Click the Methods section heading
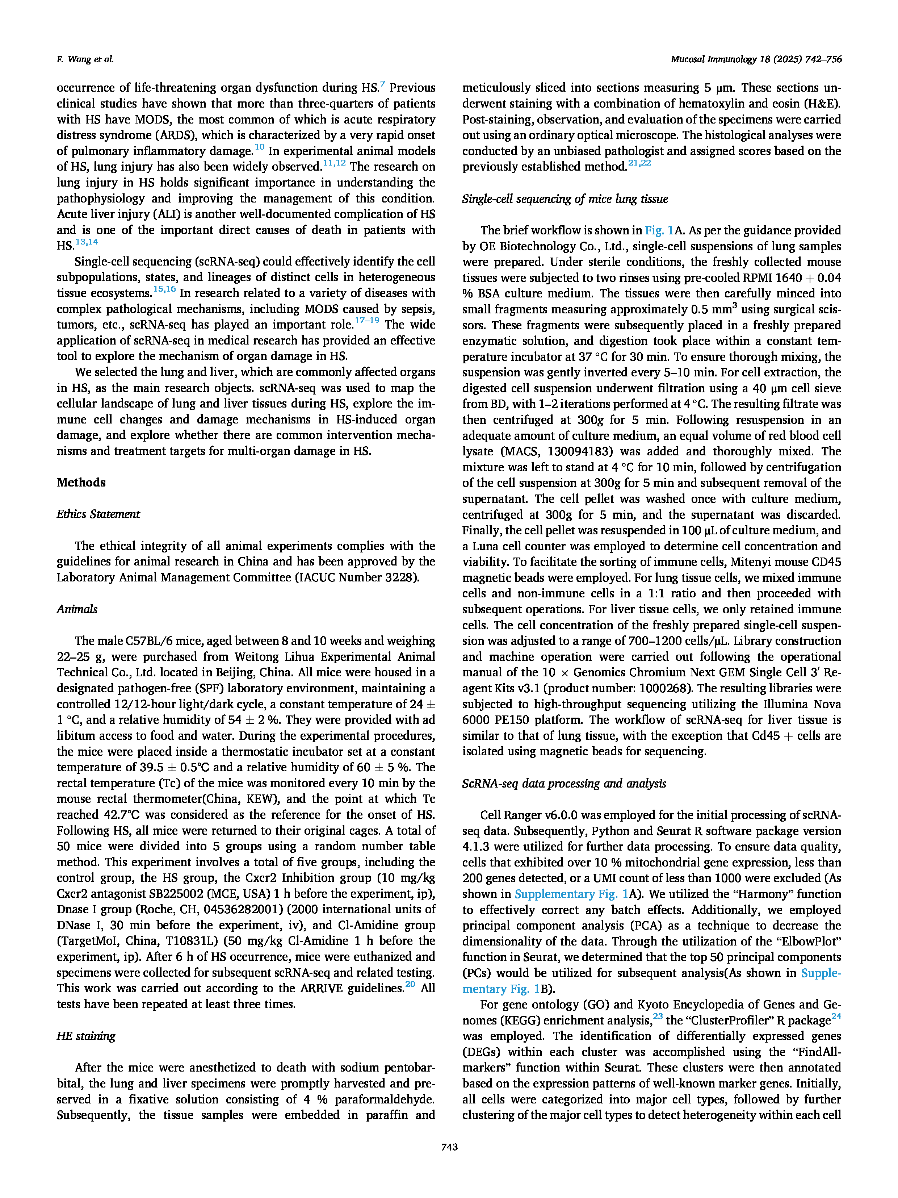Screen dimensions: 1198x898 pyautogui.click(x=81, y=483)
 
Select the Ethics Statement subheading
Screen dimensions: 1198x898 pyautogui.click(x=98, y=514)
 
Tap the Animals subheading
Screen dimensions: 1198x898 pyautogui.click(x=77, y=609)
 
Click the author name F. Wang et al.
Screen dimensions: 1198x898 pyautogui.click(x=85, y=59)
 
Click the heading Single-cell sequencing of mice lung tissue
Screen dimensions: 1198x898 pyautogui.click(x=565, y=199)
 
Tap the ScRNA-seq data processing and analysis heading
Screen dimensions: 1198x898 pyautogui.click(x=563, y=784)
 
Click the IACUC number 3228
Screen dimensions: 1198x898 pyautogui.click(x=402, y=577)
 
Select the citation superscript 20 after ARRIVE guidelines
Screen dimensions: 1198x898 pyautogui.click(x=410, y=984)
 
